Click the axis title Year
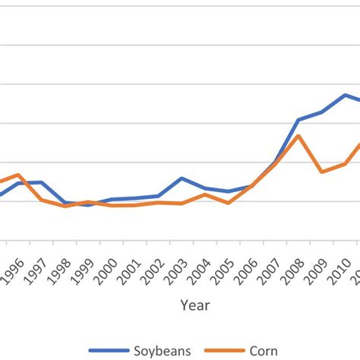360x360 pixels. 195,305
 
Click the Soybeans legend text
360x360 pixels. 162,350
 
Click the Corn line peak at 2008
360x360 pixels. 299,136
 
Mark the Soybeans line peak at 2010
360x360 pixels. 346,95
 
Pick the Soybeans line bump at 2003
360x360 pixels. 182,178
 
